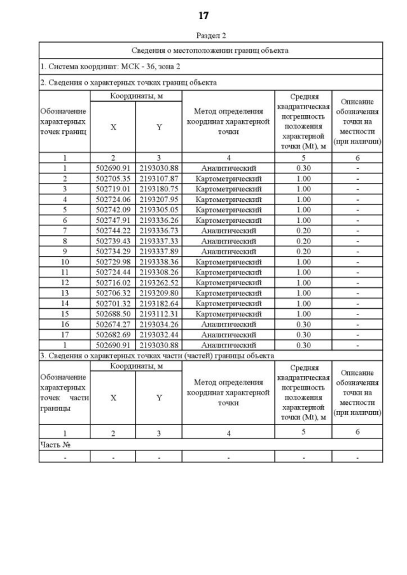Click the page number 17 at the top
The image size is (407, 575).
(x=203, y=15)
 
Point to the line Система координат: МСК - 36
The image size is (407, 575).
(x=102, y=66)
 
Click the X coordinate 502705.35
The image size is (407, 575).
(x=113, y=179)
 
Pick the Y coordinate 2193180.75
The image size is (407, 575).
(x=159, y=189)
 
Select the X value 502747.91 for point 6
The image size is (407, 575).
(x=113, y=220)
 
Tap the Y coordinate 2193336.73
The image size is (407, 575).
(x=159, y=230)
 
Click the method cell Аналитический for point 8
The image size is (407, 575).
(x=228, y=241)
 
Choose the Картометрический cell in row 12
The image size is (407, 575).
(x=228, y=282)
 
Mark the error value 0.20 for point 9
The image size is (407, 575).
(x=303, y=251)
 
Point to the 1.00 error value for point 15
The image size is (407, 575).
(x=303, y=313)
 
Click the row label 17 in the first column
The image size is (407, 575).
(x=64, y=334)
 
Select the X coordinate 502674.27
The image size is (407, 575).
(x=113, y=324)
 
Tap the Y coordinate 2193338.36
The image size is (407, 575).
(x=159, y=261)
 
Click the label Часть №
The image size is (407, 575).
(x=55, y=445)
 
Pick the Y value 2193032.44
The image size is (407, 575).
(x=159, y=334)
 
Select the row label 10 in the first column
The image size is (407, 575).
(x=64, y=261)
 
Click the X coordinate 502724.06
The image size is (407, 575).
(x=113, y=199)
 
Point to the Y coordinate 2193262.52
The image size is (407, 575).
(x=159, y=282)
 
